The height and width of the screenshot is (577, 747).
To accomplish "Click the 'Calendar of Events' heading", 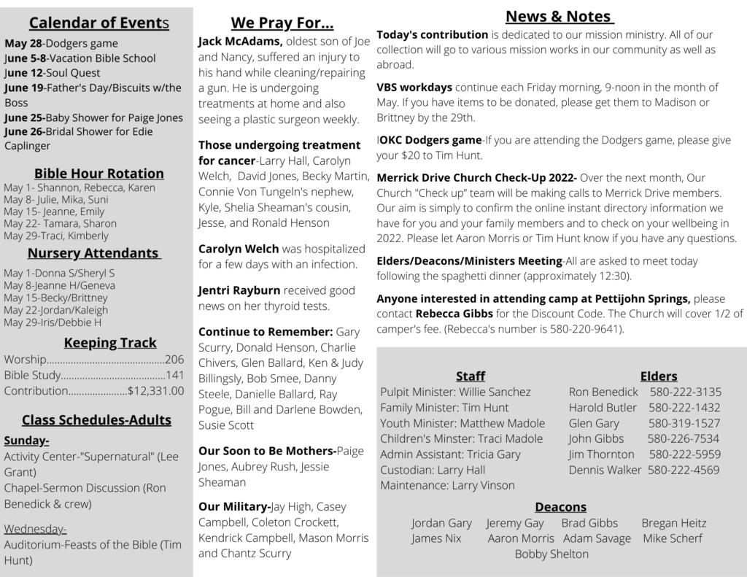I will [99, 23].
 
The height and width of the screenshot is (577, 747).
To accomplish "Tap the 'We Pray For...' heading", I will [282, 23].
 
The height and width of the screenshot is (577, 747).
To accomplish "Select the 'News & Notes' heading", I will [559, 16].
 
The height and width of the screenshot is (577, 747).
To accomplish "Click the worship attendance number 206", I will [174, 359].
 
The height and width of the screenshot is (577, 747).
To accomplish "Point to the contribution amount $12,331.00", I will [155, 391].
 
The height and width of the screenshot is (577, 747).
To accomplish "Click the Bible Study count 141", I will [174, 375].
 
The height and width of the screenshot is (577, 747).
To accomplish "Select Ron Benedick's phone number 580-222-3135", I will [685, 392].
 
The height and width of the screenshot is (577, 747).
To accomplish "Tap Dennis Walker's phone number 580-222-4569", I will [684, 470].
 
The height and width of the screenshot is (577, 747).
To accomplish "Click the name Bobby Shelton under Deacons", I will [551, 554].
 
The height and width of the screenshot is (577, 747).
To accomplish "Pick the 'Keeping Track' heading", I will [110, 342].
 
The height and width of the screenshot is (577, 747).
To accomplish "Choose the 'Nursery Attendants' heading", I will [93, 253].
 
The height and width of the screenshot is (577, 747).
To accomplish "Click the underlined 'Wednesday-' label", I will [35, 529].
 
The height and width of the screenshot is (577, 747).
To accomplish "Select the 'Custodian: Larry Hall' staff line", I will [433, 470].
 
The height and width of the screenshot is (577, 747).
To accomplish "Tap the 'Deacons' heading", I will [560, 506].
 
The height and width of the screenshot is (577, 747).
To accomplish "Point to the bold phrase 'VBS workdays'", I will [414, 87].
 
